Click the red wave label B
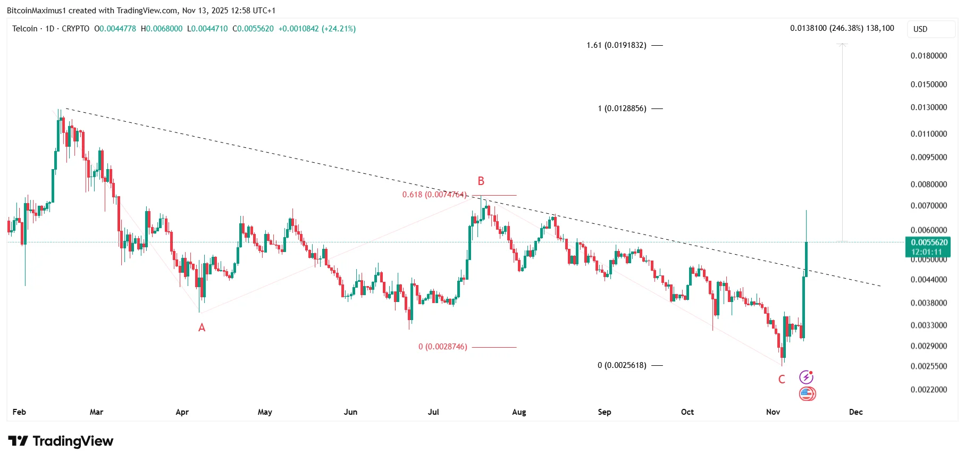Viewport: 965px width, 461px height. (481, 181)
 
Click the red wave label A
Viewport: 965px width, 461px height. (202, 328)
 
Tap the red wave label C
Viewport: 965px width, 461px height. (782, 380)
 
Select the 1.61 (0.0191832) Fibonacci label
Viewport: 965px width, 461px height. (616, 45)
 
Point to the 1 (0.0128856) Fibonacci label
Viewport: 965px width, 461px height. (622, 108)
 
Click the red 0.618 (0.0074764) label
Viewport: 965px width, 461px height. (434, 195)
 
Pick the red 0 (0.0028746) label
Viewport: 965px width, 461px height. (442, 347)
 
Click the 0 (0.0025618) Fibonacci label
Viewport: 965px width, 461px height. (622, 365)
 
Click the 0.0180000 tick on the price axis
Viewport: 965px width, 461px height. (928, 56)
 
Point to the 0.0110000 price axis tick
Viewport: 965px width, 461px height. (928, 134)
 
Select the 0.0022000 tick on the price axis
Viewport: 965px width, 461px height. (928, 390)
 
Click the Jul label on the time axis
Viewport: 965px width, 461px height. (433, 412)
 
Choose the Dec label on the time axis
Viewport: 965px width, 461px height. (855, 412)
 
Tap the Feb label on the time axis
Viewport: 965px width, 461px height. (19, 412)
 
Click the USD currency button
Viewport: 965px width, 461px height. (920, 29)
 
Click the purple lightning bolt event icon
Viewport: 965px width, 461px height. (806, 378)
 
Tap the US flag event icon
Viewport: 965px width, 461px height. (807, 394)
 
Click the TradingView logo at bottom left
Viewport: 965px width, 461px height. (61, 441)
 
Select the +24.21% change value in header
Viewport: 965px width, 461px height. (339, 29)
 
